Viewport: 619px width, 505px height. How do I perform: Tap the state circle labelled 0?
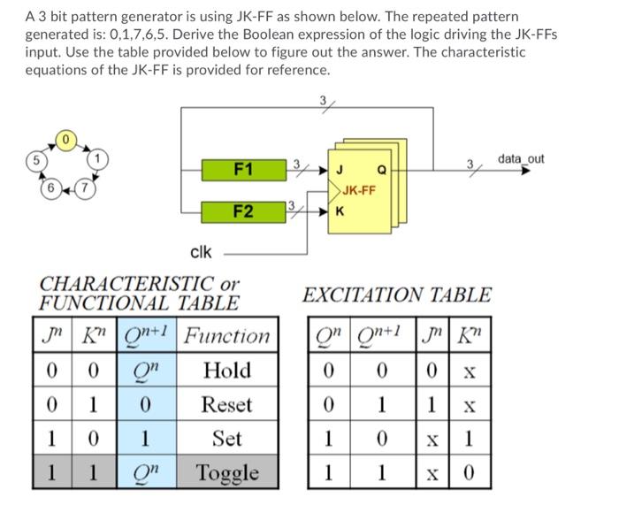click(65, 140)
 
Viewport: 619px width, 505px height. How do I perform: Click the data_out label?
click(521, 158)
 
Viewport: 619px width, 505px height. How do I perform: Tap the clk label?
click(201, 253)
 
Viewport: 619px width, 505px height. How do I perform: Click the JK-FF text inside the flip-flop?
click(359, 189)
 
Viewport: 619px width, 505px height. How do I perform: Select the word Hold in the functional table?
click(226, 371)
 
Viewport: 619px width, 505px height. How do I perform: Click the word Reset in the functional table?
click(226, 405)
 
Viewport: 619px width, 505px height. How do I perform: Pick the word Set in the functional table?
click(226, 439)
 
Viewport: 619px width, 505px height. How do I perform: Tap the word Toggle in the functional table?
click(226, 472)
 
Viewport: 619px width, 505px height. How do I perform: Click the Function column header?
click(227, 336)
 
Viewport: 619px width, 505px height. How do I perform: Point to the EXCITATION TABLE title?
click(397, 295)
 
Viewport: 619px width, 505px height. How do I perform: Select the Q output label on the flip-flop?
click(380, 168)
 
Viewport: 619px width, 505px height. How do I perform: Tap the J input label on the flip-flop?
click(340, 168)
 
